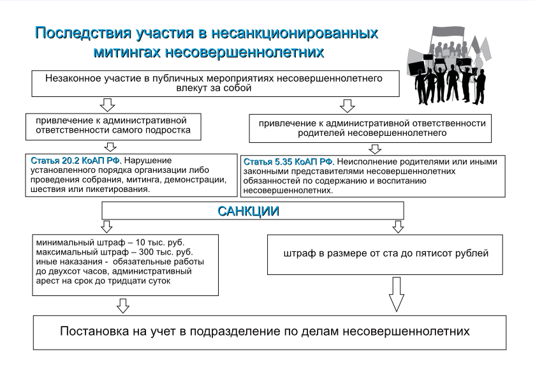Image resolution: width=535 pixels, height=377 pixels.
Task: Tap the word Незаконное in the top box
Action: click(71, 79)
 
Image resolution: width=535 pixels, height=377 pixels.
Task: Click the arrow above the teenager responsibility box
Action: click(108, 104)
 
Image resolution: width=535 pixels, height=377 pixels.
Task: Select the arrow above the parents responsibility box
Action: click(347, 105)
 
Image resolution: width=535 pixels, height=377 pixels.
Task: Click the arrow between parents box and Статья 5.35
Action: click(376, 149)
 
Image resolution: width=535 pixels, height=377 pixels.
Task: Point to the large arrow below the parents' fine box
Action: click(397, 295)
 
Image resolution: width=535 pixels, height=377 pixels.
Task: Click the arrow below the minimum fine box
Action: click(123, 306)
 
